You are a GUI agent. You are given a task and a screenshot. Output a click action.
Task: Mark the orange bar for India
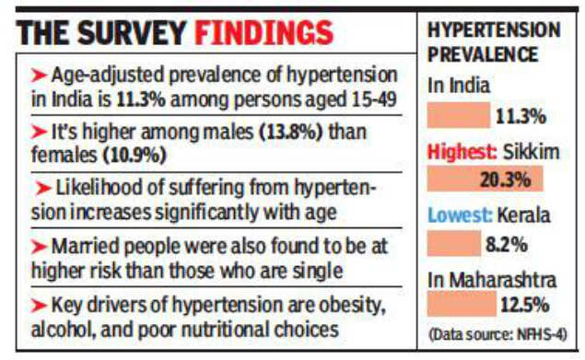click(x=459, y=117)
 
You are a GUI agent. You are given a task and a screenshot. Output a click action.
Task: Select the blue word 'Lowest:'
click(x=458, y=217)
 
